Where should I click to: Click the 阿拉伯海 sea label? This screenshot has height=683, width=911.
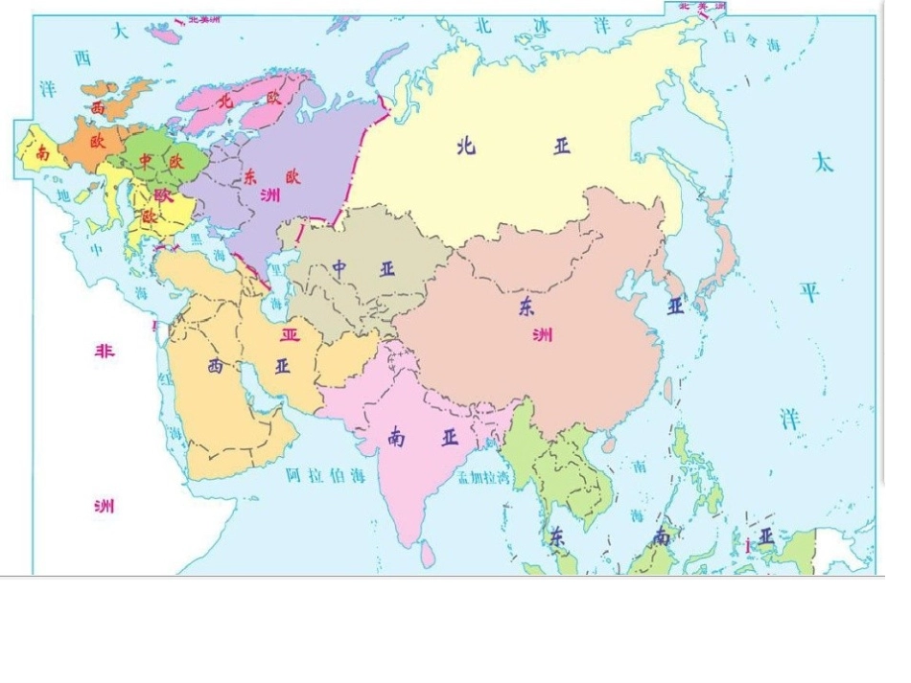coord(326,474)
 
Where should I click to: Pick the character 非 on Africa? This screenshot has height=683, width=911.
coord(104,351)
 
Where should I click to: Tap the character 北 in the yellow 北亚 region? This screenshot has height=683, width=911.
coord(466,146)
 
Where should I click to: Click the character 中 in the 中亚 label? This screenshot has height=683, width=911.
coord(340,267)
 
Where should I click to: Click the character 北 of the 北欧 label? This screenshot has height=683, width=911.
coord(225,99)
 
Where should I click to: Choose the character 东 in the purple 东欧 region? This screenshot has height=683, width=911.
coord(250,177)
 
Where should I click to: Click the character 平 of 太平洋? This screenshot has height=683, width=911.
coord(810,291)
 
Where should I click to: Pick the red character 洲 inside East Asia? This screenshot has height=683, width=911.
coord(543,334)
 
